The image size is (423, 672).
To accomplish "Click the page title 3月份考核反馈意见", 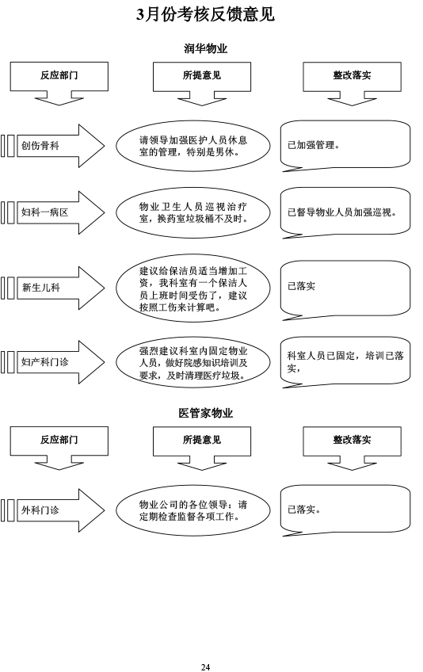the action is coord(205,14).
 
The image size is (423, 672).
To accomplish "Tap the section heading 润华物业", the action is coord(206,48).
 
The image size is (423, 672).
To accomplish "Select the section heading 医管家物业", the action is coord(206,413).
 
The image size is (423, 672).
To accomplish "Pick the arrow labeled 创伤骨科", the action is coord(60,146).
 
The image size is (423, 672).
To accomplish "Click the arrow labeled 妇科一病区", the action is coord(60,212).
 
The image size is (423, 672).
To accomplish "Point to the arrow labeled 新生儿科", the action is coord(60,288).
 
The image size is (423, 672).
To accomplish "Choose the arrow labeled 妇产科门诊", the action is coord(60,362).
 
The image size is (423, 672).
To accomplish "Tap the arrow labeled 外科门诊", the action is coord(60,510).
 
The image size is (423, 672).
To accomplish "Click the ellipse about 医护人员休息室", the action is coord(193,146).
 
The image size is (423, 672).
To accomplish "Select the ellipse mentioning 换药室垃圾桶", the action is coord(193,212).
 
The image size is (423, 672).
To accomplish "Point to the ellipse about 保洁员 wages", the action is coord(193,288).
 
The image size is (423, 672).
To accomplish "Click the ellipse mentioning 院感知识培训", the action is coord(193,363).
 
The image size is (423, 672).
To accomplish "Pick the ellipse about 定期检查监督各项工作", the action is coord(193,511).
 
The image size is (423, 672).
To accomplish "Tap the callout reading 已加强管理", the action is coord(345,145).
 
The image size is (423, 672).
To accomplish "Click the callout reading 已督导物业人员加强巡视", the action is coord(345,212).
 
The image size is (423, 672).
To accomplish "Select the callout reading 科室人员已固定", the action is coord(345,361).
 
